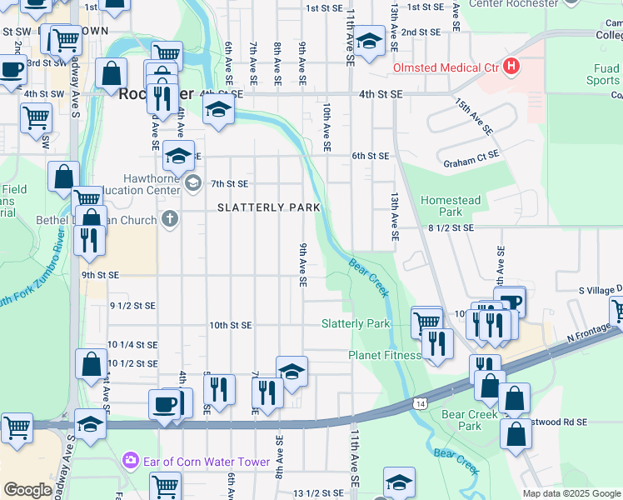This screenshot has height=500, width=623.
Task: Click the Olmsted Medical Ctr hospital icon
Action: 511,67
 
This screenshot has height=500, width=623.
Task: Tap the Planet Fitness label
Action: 384,356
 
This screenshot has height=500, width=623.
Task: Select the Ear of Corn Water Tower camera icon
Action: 130,460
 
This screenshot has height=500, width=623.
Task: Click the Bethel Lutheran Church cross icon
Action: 169,220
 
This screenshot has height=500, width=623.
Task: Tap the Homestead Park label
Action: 451,206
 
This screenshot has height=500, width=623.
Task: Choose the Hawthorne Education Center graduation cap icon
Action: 193,182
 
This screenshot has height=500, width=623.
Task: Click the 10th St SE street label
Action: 230,324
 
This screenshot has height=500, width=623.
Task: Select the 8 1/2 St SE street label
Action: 451,227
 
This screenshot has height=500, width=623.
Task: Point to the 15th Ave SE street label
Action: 474,117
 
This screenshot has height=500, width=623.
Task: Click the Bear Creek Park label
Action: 461,420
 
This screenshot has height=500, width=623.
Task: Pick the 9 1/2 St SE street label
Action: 132,306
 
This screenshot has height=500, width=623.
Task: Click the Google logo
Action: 27,490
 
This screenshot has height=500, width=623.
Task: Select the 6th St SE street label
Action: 370,156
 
